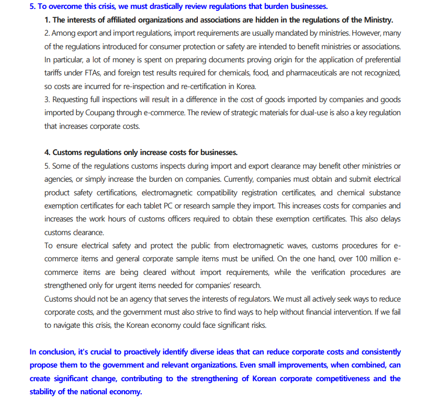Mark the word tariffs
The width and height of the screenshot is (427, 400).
point(55,73)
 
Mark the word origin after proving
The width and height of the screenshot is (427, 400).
point(226,60)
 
